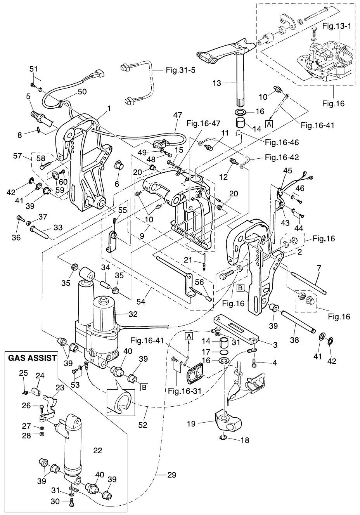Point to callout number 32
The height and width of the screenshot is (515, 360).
coord(133,314)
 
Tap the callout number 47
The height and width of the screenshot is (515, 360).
coord(178,115)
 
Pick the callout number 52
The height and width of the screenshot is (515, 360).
coord(143,425)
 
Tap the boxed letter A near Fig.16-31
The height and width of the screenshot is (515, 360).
coord(189,336)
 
